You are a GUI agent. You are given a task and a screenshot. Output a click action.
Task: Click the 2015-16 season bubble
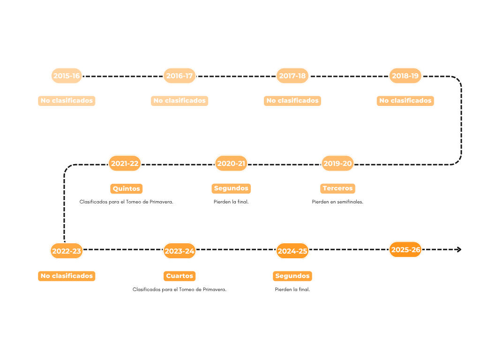67,75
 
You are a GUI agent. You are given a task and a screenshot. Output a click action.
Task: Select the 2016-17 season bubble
180,75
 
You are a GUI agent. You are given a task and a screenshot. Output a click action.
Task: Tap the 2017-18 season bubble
292,75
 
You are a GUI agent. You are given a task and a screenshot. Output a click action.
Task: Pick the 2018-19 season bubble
405,75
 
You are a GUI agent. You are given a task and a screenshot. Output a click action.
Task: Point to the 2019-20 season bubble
337,164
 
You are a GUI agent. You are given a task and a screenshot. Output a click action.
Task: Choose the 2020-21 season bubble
231,164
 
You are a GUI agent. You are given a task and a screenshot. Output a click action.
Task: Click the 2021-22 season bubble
125,164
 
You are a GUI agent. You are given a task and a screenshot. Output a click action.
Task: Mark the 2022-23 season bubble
67,251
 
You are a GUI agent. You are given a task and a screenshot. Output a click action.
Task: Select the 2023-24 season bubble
180,251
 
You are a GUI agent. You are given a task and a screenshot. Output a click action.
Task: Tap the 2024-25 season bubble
292,251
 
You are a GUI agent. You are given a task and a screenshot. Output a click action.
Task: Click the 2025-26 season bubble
405,249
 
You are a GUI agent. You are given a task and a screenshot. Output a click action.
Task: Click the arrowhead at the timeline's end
458,249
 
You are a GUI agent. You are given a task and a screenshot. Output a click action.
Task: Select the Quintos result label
126,188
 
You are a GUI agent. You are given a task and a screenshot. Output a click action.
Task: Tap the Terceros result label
337,188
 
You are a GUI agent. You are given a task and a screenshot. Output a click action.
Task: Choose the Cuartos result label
180,276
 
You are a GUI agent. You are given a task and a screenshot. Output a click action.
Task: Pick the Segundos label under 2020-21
231,188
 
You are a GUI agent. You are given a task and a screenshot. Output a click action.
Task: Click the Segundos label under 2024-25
292,276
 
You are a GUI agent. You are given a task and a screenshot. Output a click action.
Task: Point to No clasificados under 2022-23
67,276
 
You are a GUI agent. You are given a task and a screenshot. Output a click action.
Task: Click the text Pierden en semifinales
337,202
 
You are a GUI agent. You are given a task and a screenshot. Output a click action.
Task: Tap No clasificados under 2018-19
405,101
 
